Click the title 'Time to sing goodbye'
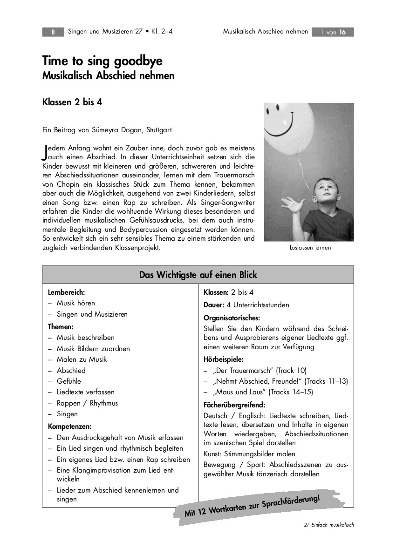(102, 61)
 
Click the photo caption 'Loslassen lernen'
(310, 248)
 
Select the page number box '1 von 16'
(333, 32)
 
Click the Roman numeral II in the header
(53, 32)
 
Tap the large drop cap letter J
(45, 151)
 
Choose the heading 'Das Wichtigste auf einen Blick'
(198, 275)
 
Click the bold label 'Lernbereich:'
(66, 292)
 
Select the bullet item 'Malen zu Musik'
(82, 359)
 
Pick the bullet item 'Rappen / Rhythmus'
(87, 403)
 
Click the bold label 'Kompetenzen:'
(69, 426)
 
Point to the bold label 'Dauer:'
(214, 305)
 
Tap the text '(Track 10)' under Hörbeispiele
(291, 370)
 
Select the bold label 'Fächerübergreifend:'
(234, 405)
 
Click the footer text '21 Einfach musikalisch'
(328, 525)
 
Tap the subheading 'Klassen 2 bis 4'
(72, 102)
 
